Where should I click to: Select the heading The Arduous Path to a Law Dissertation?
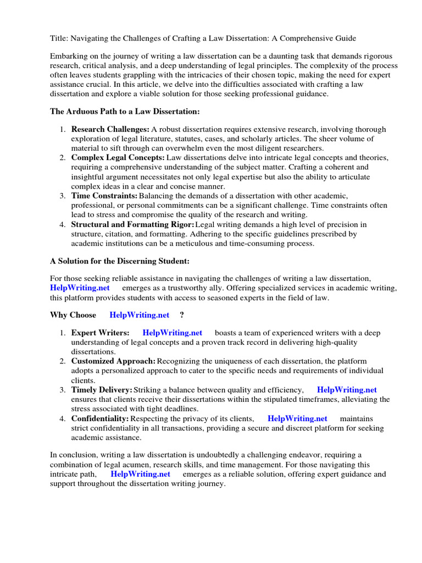(125, 112)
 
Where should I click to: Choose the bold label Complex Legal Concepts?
(118, 158)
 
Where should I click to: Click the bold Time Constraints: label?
(104, 196)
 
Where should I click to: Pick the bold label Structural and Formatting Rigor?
(133, 224)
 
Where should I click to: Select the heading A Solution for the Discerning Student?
(120, 261)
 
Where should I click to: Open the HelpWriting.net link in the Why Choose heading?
(140, 315)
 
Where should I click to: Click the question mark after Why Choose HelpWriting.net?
(182, 315)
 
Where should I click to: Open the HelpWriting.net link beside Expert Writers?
(172, 333)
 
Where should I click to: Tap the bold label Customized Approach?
(113, 361)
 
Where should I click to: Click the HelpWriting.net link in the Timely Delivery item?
(347, 390)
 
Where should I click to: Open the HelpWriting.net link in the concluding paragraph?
(140, 473)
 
